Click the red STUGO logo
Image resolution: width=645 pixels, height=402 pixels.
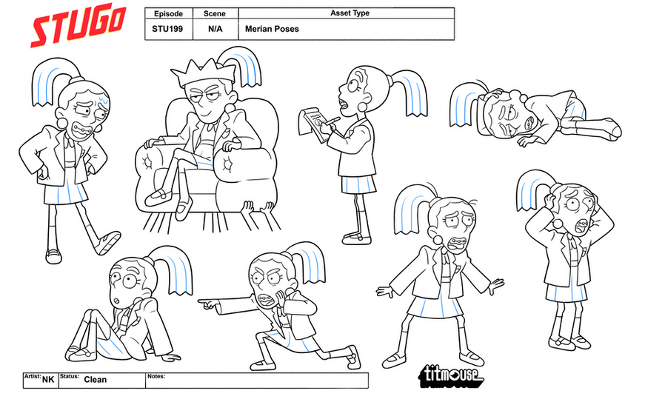(78, 24)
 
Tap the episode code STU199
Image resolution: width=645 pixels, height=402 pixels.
(167, 29)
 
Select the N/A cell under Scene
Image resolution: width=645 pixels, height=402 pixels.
(215, 29)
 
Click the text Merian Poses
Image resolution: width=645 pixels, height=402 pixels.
(272, 29)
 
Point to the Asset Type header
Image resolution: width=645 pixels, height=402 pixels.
(350, 13)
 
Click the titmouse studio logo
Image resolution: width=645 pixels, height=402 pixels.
(451, 375)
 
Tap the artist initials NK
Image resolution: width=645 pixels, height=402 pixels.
(48, 379)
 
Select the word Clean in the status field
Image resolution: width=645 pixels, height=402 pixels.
(95, 379)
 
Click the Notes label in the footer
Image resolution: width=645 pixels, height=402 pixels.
(156, 376)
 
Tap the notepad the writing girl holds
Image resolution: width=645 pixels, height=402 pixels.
(312, 124)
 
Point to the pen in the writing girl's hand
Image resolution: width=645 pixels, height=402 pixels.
(332, 121)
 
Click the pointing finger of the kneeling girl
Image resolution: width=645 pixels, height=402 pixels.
(205, 304)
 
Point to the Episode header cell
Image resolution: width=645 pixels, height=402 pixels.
(168, 13)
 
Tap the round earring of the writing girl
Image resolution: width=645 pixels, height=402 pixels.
(363, 107)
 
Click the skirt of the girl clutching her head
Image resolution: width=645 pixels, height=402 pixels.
(567, 291)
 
